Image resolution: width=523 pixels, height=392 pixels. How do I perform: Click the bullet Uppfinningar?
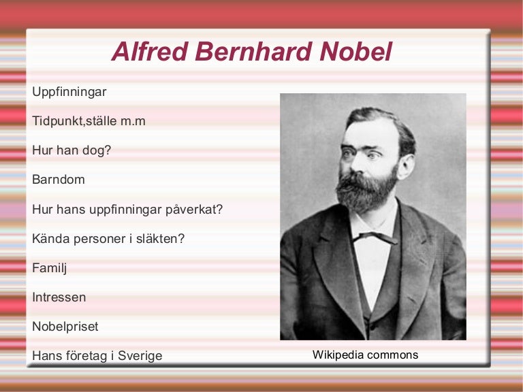[x=69, y=91]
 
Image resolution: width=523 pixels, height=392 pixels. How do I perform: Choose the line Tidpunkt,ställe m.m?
[x=89, y=121]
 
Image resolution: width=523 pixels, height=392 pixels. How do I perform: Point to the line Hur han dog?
[x=72, y=150]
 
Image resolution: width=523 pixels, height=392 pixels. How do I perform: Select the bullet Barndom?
[x=58, y=180]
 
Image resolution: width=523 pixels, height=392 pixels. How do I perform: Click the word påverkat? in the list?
[x=194, y=210]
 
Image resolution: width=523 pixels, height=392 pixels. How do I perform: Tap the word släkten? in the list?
[x=161, y=239]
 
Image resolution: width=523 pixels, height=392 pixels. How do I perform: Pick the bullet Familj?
[x=49, y=268]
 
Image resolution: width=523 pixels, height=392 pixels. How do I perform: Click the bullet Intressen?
[x=59, y=297]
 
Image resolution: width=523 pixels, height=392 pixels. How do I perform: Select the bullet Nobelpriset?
[x=65, y=327]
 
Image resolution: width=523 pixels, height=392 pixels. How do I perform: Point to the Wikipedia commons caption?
[x=365, y=355]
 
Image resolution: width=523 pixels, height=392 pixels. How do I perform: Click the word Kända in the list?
[x=48, y=239]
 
